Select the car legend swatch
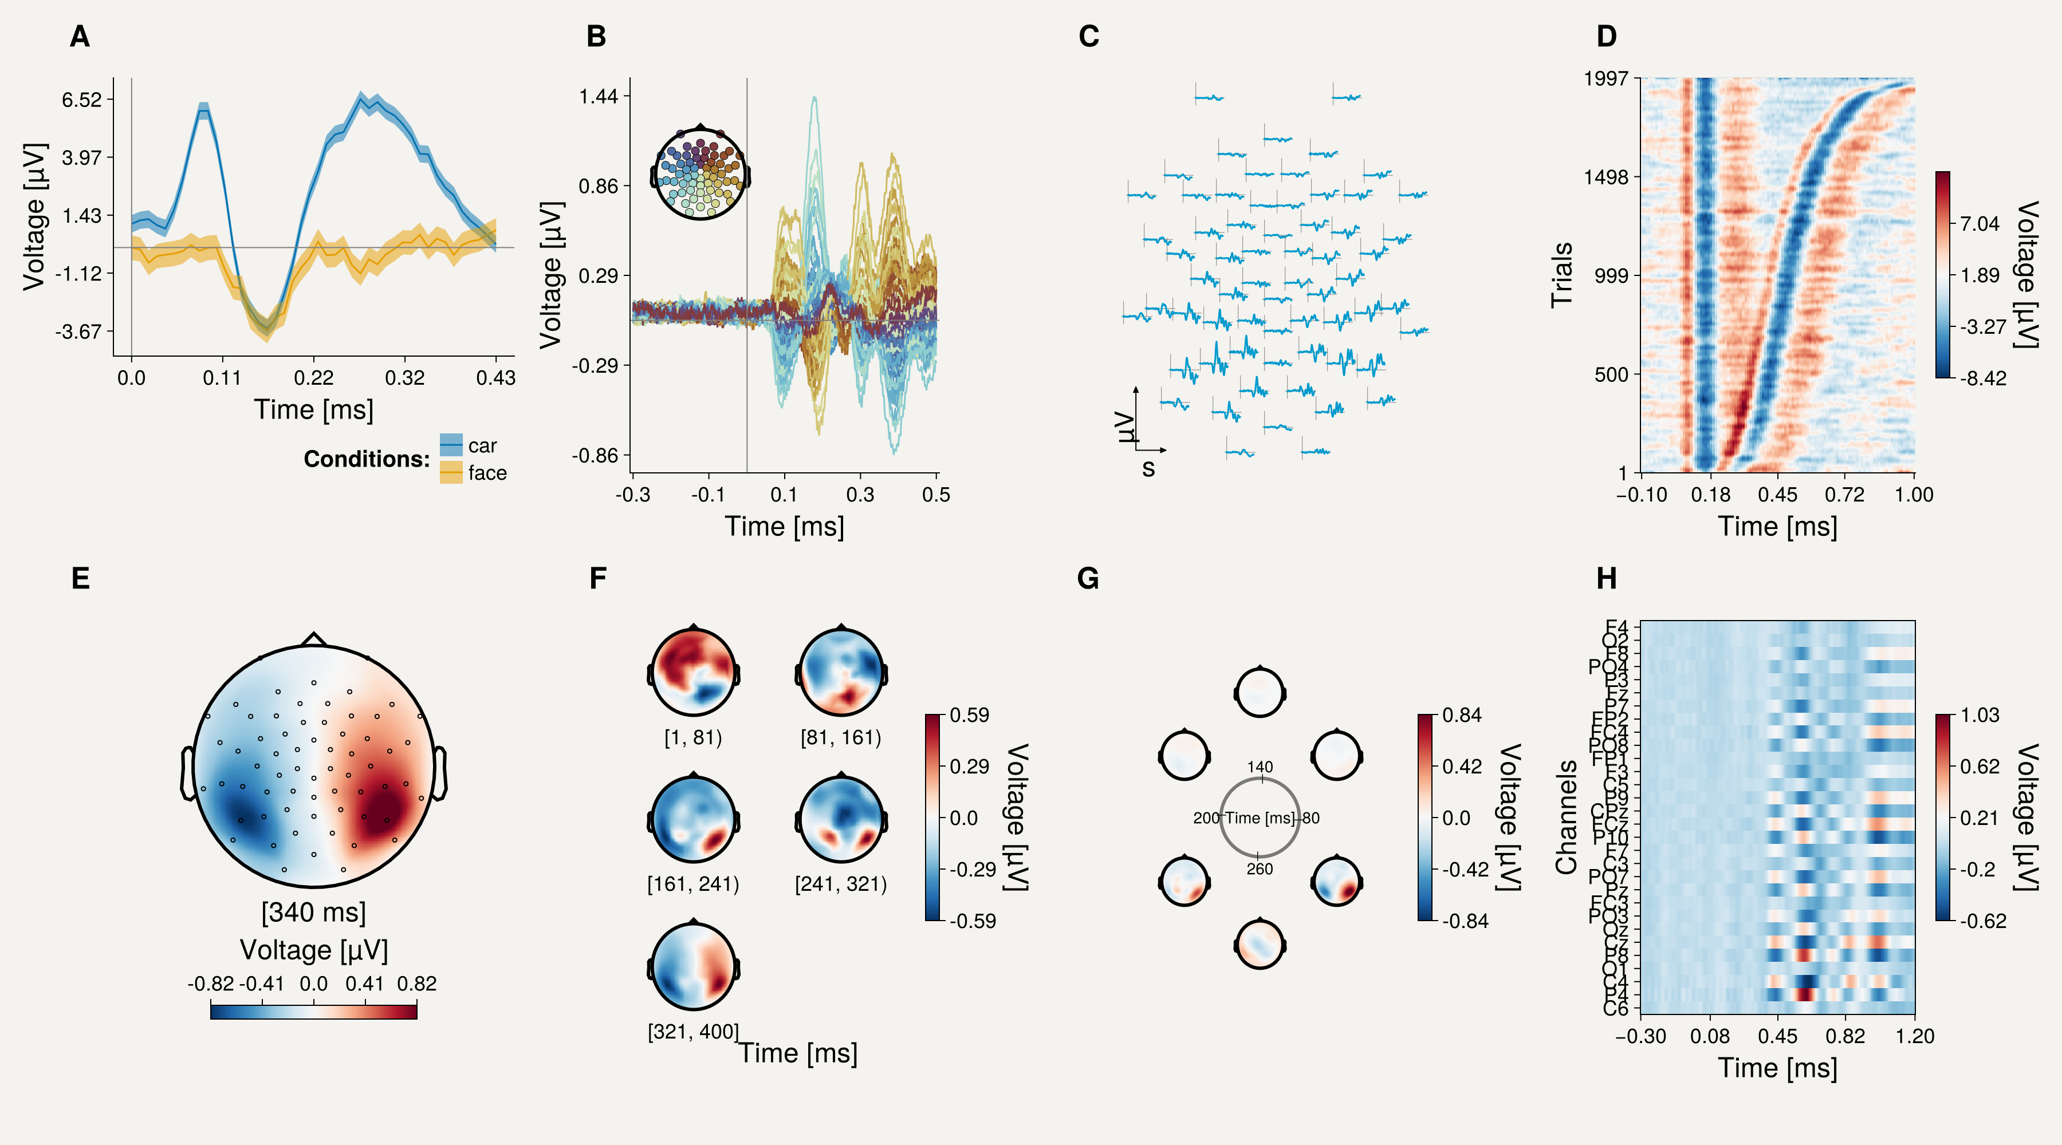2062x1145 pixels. (x=451, y=445)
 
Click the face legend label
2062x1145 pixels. (x=487, y=473)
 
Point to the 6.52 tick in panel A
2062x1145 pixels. (x=82, y=100)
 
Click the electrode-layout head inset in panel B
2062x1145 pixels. (x=701, y=173)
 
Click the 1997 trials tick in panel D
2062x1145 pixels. (x=1605, y=78)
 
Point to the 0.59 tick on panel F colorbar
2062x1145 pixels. (x=969, y=715)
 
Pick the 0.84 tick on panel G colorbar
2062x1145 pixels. (x=1462, y=715)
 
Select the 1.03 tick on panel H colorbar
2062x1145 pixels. (x=1980, y=715)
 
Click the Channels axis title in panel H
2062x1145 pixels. (x=1566, y=817)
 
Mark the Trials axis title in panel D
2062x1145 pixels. (x=1562, y=275)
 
